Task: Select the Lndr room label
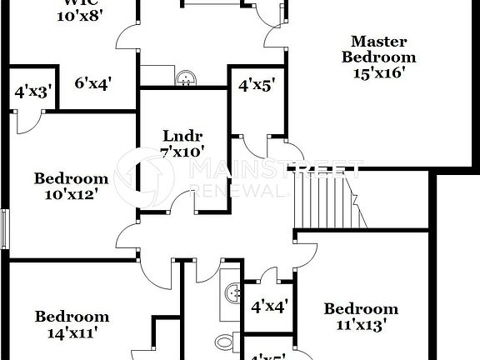coord(182,136)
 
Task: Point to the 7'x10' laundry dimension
coord(182,152)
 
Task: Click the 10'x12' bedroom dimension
coord(72,194)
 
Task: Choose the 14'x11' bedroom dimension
coord(72,332)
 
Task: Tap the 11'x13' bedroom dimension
coord(361,324)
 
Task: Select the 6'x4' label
coord(92,82)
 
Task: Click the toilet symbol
coord(224,342)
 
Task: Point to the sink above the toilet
coord(233,292)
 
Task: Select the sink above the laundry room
coord(187,77)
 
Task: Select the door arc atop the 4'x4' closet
coord(269,277)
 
